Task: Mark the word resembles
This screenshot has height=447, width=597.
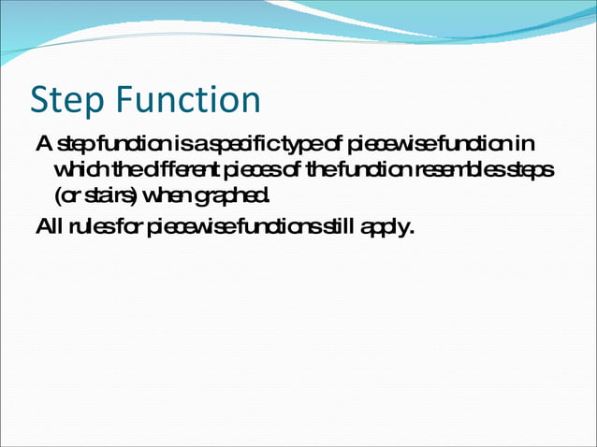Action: click(457, 170)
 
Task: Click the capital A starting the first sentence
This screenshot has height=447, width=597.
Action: click(42, 145)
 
